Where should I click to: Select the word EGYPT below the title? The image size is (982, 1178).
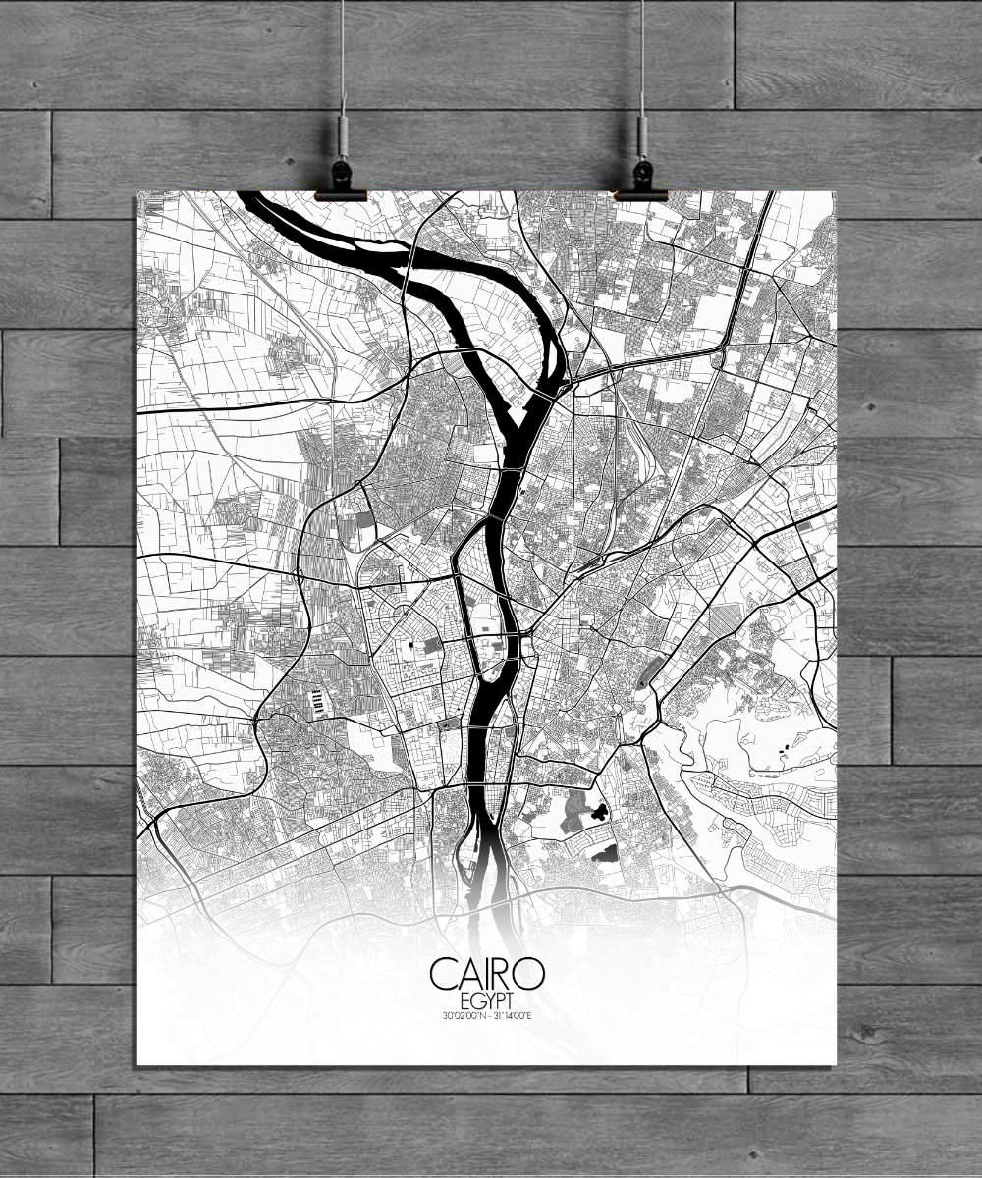[486, 1000]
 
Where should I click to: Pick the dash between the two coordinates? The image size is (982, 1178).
[488, 1015]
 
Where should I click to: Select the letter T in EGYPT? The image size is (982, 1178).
[510, 1000]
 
